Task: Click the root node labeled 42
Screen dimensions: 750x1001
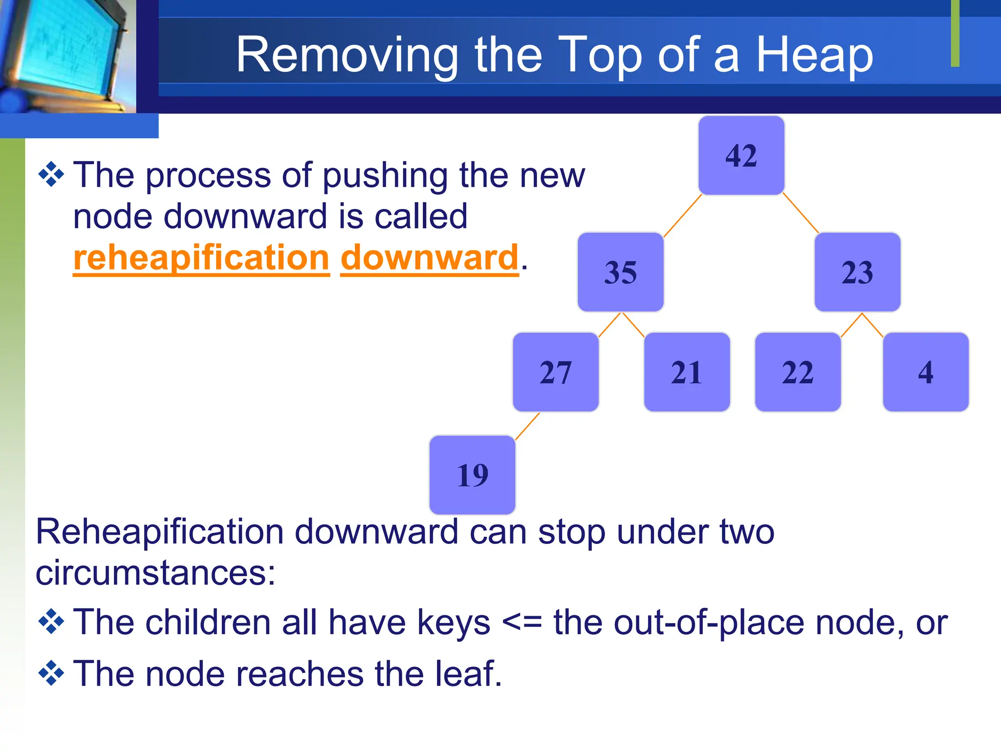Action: coord(741,156)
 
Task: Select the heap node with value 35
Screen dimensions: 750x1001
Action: coord(620,272)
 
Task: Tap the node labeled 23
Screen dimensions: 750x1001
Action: coord(857,272)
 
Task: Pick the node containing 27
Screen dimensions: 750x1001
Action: coord(555,372)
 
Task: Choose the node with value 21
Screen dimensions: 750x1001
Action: coord(687,372)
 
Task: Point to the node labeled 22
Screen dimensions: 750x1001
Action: coord(798,372)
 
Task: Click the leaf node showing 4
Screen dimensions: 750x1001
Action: coord(925,372)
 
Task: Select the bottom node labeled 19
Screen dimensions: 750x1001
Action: coord(472,475)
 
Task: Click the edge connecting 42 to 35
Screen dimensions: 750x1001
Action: coord(682,215)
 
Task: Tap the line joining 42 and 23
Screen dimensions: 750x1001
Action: coord(801,213)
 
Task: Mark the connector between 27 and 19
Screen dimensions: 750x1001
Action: coord(527,426)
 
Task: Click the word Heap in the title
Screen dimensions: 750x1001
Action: coord(814,55)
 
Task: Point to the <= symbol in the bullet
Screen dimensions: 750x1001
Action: coord(522,623)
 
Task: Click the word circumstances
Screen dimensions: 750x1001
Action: coord(155,572)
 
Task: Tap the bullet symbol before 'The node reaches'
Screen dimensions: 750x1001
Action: coord(51,673)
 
